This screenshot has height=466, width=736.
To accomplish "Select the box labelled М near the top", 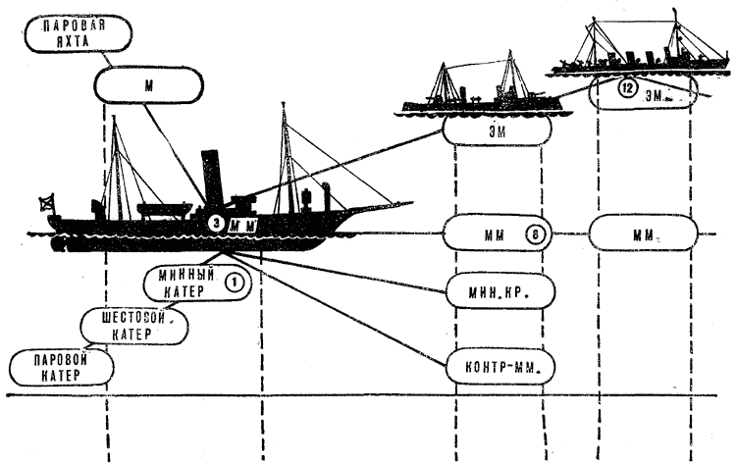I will [x=147, y=84].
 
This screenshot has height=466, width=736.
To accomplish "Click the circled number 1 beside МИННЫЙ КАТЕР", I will [x=233, y=283].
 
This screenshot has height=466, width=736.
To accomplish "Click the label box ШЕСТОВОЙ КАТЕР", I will [x=131, y=326].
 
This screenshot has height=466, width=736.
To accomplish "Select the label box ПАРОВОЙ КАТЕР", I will [x=62, y=367].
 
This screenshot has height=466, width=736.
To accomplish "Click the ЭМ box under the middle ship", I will [x=497, y=129].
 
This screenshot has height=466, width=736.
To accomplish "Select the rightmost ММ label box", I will [x=644, y=235].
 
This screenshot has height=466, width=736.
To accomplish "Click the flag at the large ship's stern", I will [x=43, y=203].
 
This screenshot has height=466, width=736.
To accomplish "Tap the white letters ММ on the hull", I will [x=241, y=226].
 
